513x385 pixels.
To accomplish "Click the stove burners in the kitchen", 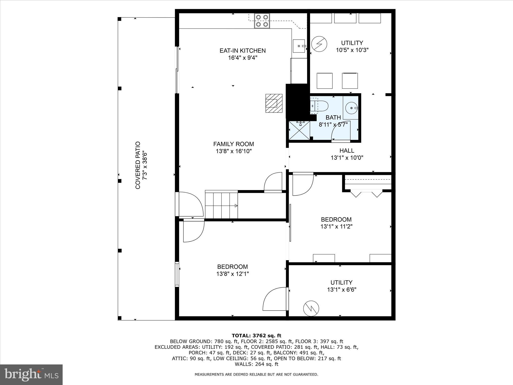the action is pos(262,21).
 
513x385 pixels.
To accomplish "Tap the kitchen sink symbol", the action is pos(299,46).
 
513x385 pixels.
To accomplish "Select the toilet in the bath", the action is pos(319,106).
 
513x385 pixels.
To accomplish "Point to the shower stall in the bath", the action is pos(299,130).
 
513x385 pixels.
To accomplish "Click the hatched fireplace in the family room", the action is pos(274,103).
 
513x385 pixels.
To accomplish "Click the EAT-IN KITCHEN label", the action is pos(242,51).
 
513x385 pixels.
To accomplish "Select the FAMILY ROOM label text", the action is pos(233,144).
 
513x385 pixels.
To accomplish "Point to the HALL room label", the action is pos(347,151).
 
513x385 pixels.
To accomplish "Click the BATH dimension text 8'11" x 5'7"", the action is pos(333,125).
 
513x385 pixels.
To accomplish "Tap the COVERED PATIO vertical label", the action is pos(138,165).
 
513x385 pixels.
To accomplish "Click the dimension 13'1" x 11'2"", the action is pos(336,227).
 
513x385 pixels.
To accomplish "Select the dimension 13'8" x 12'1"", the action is pos(232,274).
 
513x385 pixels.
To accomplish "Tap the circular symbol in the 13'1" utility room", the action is pos(311,308).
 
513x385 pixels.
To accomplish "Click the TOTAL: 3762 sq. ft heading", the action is pos(256,336).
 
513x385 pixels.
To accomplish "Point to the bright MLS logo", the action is pos(31,375).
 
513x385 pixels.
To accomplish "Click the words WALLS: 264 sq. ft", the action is pos(256,364).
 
